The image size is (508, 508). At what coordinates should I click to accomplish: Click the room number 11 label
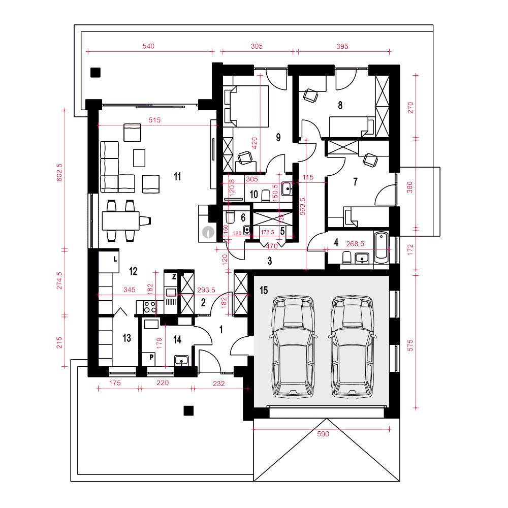click(177, 177)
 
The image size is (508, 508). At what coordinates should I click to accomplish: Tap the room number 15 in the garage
click(263, 290)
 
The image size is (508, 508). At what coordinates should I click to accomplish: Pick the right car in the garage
click(353, 346)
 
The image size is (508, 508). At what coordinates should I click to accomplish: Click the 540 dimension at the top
click(148, 46)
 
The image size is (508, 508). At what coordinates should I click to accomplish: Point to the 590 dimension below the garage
click(324, 434)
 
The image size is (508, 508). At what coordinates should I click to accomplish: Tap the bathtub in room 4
click(381, 248)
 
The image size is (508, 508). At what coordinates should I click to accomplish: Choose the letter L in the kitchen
click(115, 259)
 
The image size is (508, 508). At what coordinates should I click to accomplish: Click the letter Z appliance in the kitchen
click(174, 277)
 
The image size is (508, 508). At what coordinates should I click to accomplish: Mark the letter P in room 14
click(151, 358)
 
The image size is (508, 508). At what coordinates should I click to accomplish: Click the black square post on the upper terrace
click(95, 72)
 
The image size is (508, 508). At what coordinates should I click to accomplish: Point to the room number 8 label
click(340, 106)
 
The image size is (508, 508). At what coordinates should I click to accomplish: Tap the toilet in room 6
click(229, 218)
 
